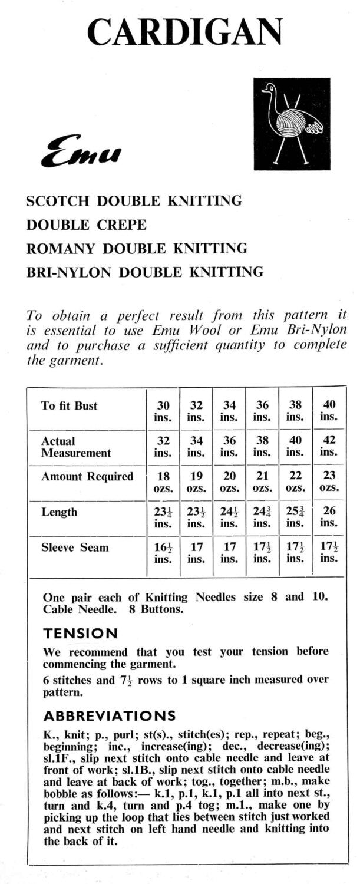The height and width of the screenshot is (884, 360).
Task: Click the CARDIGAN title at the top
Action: click(x=184, y=32)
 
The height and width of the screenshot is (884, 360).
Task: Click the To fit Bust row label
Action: click(x=69, y=405)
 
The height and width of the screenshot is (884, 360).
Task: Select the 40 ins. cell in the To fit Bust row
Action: click(x=329, y=411)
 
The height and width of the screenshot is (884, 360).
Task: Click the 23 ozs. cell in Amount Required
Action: click(x=329, y=481)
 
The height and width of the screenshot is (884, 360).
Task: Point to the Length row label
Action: click(x=59, y=512)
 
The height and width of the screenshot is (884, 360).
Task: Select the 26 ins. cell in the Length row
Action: click(x=329, y=517)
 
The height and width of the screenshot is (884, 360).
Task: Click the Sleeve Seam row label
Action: click(x=75, y=547)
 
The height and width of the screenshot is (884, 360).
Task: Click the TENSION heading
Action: click(x=80, y=634)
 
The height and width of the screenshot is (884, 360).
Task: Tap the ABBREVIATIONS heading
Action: click(x=109, y=715)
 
